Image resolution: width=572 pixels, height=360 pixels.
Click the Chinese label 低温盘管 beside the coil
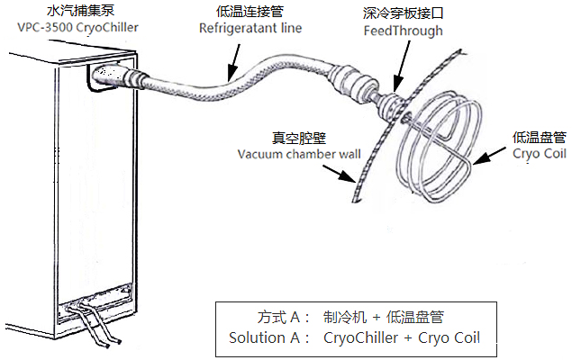coord(538,137)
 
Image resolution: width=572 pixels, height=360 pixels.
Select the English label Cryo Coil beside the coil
coord(539,154)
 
